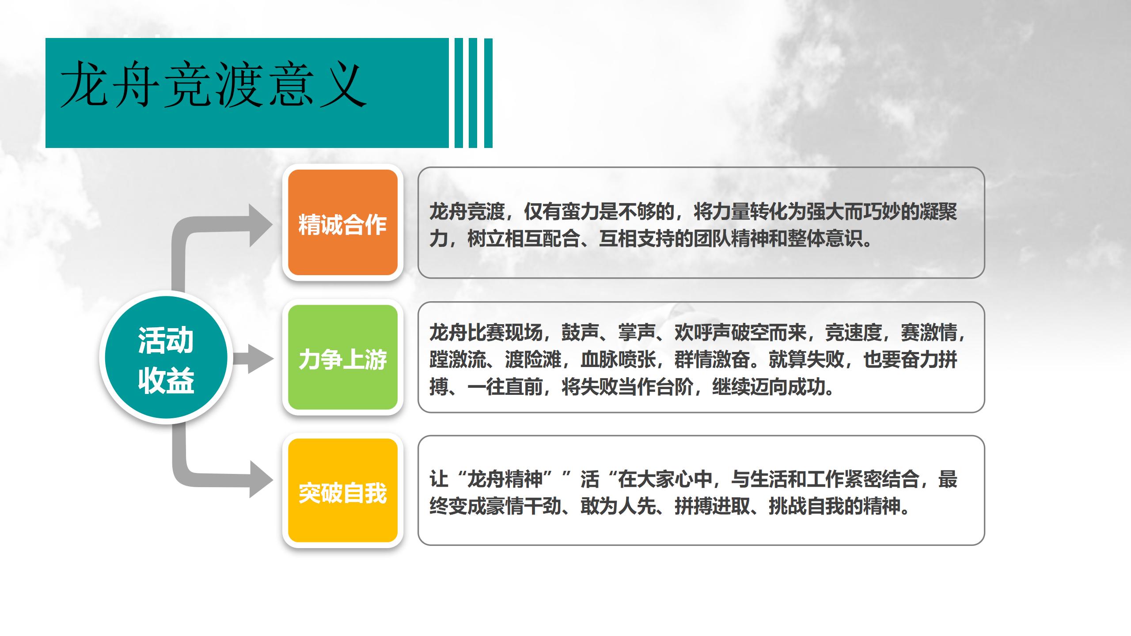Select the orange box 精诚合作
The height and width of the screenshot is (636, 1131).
click(343, 223)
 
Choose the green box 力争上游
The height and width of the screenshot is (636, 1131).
click(343, 357)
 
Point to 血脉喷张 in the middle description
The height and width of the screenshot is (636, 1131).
click(618, 360)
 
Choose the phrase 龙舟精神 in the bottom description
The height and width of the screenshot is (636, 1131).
click(505, 479)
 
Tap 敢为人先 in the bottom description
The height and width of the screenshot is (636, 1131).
click(618, 506)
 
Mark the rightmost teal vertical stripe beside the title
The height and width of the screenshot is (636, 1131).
click(488, 93)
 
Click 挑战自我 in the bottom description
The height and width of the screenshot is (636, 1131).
click(806, 506)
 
